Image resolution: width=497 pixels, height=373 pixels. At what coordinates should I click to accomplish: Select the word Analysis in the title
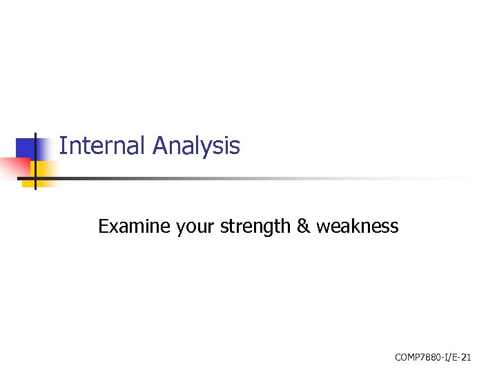[197, 146]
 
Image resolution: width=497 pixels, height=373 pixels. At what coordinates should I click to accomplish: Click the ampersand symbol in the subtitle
[304, 226]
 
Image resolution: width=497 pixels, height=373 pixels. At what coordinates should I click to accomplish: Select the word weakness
[358, 226]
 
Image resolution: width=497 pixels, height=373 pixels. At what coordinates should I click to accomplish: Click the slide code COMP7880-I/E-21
[433, 357]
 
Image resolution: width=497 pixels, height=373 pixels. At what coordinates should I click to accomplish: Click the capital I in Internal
[62, 146]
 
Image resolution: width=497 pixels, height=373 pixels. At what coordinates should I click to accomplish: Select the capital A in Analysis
[160, 146]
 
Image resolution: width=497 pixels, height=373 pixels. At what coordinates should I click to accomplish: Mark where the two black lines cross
[35, 178]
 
